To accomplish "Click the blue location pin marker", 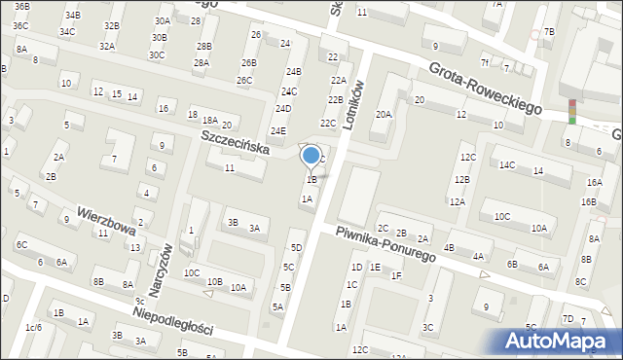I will [311, 156].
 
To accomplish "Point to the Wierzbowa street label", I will [106, 220].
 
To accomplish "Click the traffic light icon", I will [572, 112].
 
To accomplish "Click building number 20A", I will [384, 115].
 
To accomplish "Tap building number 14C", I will [507, 165].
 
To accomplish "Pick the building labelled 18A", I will [209, 120].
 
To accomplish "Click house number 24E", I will [278, 131].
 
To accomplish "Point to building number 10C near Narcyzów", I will [192, 273].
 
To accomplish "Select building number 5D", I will [296, 248].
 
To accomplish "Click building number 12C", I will [468, 158].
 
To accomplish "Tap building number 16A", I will [594, 183].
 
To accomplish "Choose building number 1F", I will [396, 276].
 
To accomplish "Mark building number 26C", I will [244, 81].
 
